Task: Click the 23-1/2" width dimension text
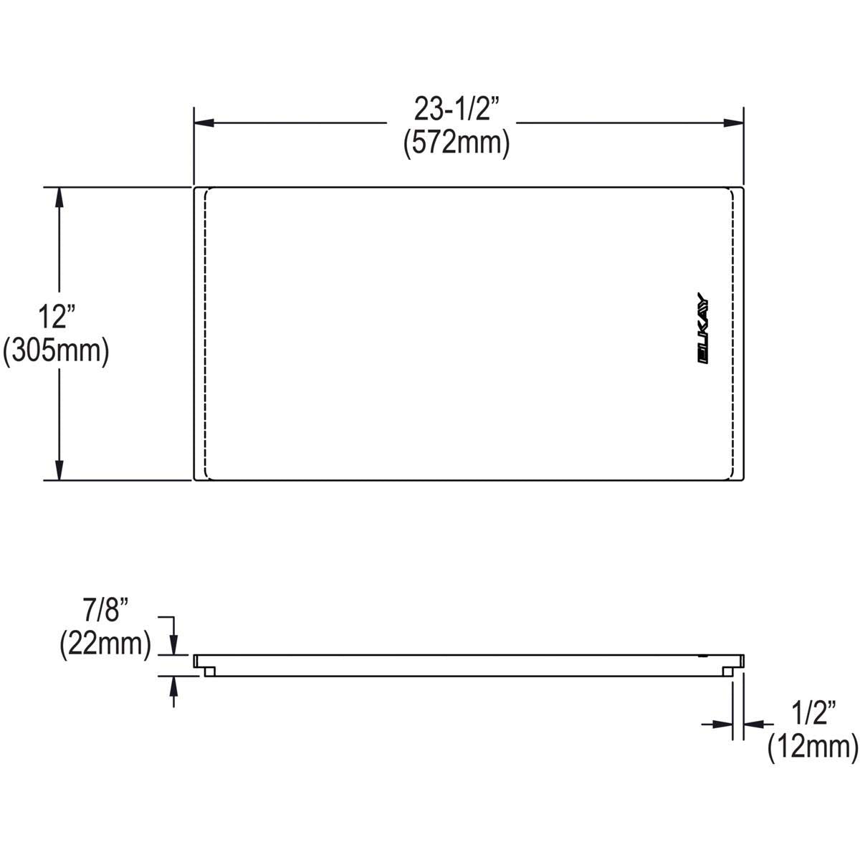point(456,110)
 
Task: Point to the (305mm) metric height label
point(56,351)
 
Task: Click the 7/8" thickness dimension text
point(105,610)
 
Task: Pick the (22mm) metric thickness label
point(105,644)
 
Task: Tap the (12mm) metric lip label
point(813,747)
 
